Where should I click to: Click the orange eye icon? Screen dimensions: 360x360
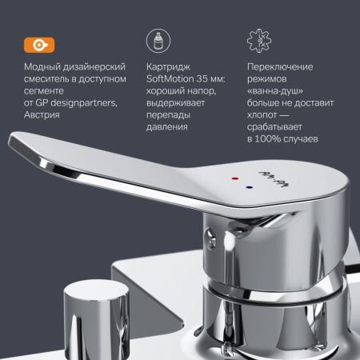click(35, 42)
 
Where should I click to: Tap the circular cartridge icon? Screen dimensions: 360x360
click(157, 42)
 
